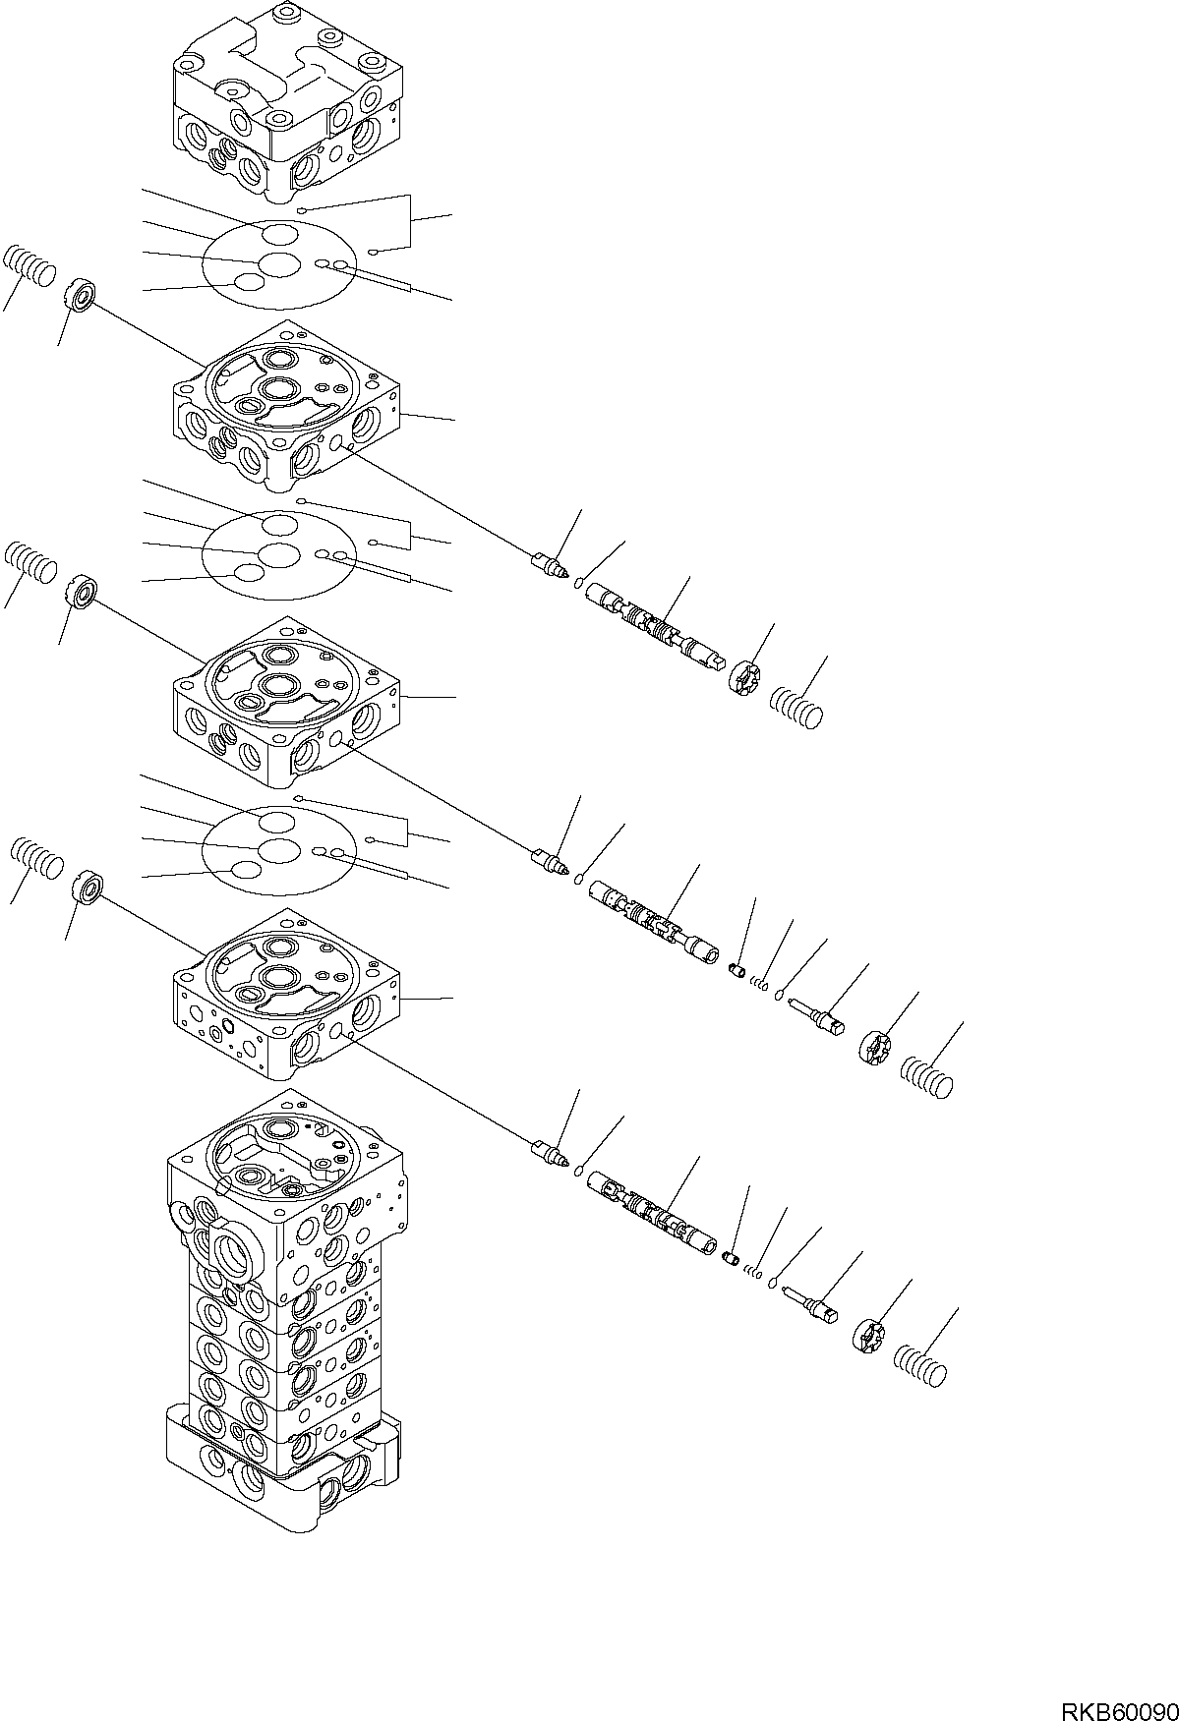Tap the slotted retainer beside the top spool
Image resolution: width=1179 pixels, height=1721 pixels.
[746, 678]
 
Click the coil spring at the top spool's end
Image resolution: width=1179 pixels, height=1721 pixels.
[797, 708]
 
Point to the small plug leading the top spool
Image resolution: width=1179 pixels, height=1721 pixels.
[549, 565]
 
